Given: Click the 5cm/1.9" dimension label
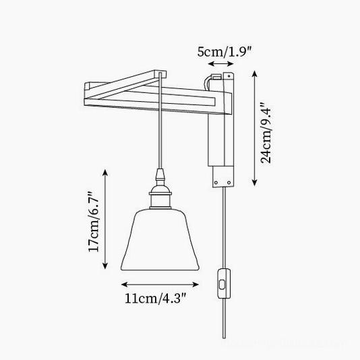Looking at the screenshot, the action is [224, 52].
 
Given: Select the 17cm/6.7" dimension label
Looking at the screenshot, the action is [94, 221].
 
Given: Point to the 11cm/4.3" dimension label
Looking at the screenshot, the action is [155, 299].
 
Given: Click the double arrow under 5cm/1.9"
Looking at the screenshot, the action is [220, 63].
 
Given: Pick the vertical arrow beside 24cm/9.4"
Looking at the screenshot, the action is [254, 128].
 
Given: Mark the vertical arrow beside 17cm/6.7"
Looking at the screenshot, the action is [105, 219].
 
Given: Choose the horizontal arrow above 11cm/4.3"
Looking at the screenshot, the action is [160, 284].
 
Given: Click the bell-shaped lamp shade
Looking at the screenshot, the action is [160, 240].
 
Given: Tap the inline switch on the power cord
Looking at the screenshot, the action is [224, 284].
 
